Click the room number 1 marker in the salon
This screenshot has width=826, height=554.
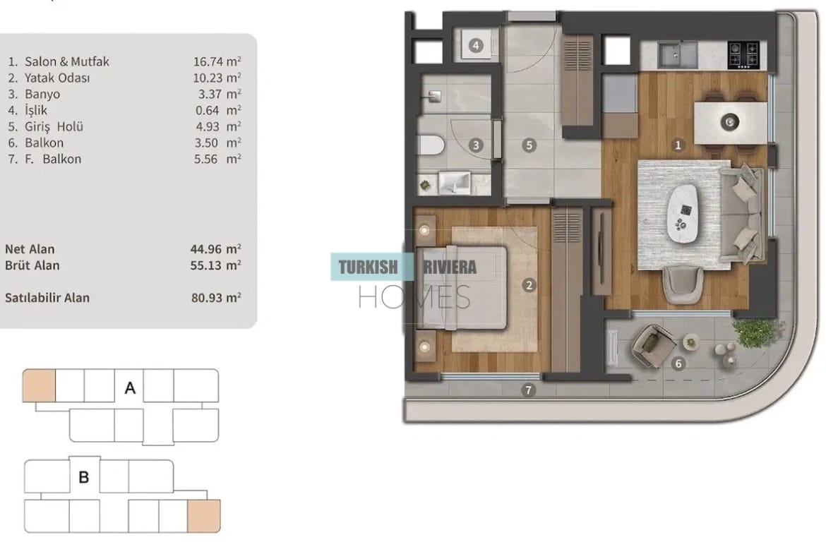678,145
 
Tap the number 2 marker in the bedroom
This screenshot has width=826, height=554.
529,285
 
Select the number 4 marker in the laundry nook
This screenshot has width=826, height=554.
476,45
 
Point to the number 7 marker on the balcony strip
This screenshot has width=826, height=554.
528,390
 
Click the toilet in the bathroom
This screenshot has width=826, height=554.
431,145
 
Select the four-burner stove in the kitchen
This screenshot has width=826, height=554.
743,55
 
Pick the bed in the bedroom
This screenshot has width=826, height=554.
462,287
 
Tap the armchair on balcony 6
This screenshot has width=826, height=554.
653,346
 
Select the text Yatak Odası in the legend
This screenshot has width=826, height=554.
57,78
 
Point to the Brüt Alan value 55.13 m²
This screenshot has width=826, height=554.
215,265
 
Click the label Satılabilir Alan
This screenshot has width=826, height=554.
47,298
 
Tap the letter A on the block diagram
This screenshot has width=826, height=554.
130,388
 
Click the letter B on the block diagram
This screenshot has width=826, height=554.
84,477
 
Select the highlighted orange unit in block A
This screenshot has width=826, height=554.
39,385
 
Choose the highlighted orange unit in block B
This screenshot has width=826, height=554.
204,516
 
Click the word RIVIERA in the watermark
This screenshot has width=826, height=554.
450,267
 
